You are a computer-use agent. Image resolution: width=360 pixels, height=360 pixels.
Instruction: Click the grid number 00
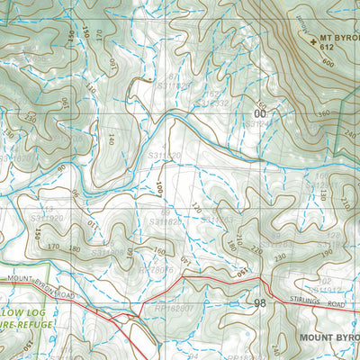coord(260,114)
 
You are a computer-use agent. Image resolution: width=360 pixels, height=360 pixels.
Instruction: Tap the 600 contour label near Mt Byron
coord(322,64)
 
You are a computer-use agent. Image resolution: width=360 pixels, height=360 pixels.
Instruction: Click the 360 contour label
coord(323,113)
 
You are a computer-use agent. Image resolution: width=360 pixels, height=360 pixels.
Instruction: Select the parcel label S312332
coord(213,104)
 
